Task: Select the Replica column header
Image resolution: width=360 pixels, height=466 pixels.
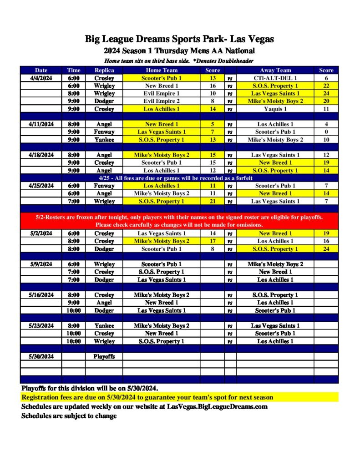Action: [x=104, y=70]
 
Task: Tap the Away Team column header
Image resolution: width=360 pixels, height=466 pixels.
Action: [x=275, y=70]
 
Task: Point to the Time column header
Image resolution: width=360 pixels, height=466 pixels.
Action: [x=74, y=70]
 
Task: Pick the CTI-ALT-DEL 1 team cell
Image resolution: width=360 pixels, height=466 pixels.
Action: [x=275, y=78]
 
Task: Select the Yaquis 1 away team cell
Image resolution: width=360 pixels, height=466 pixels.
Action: [x=275, y=109]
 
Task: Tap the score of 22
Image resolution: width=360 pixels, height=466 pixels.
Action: [x=326, y=86]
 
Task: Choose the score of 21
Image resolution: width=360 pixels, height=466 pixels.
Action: [x=213, y=201]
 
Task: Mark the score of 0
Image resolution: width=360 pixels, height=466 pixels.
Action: [x=326, y=132]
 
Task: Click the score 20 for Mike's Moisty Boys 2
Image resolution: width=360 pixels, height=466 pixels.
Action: [x=326, y=101]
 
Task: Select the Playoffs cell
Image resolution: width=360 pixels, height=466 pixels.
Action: [x=104, y=356]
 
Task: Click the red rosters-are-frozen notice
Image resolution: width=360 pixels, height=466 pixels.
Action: [x=179, y=221]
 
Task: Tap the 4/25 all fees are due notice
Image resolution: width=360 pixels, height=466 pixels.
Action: [x=179, y=178]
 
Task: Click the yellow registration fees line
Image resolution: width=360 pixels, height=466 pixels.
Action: [x=147, y=397]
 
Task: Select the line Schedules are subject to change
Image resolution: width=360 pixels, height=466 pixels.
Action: [x=69, y=415]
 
